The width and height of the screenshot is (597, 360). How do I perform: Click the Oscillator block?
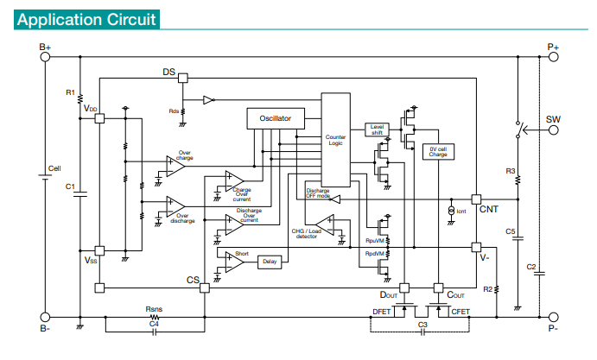pyautogui.click(x=276, y=118)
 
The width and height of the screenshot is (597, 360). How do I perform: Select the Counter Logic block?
pyautogui.click(x=336, y=140)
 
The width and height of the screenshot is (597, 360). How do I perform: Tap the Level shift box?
pyautogui.click(x=377, y=129)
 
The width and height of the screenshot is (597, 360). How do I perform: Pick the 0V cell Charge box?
pyautogui.click(x=438, y=152)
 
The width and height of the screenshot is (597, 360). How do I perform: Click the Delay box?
pyautogui.click(x=270, y=262)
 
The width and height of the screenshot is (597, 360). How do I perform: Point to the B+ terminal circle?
pyautogui.click(x=45, y=57)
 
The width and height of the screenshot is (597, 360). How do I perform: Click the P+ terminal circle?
pyautogui.click(x=553, y=57)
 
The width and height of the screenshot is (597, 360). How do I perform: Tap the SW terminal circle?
pyautogui.click(x=553, y=130)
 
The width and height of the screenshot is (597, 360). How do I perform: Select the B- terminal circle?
pyautogui.click(x=45, y=317)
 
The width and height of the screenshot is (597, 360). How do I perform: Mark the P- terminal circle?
pyautogui.click(x=553, y=317)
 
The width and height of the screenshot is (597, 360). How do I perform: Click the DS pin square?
pyautogui.click(x=183, y=78)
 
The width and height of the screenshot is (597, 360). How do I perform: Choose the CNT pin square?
pyautogui.click(x=476, y=199)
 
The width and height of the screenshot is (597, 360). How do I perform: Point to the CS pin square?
pyautogui.click(x=205, y=288)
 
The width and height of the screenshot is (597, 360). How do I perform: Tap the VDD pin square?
pyautogui.click(x=99, y=118)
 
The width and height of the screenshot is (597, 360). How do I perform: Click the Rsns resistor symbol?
pyautogui.click(x=154, y=317)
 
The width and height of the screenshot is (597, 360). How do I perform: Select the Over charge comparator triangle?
pyautogui.click(x=175, y=167)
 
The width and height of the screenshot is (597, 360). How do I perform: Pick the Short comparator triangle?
pyautogui.click(x=234, y=262)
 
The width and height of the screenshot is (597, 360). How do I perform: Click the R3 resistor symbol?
pyautogui.click(x=518, y=180)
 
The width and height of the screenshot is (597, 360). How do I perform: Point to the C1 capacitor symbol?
pyautogui.click(x=80, y=194)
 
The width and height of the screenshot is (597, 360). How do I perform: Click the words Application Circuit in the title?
pyautogui.click(x=86, y=19)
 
